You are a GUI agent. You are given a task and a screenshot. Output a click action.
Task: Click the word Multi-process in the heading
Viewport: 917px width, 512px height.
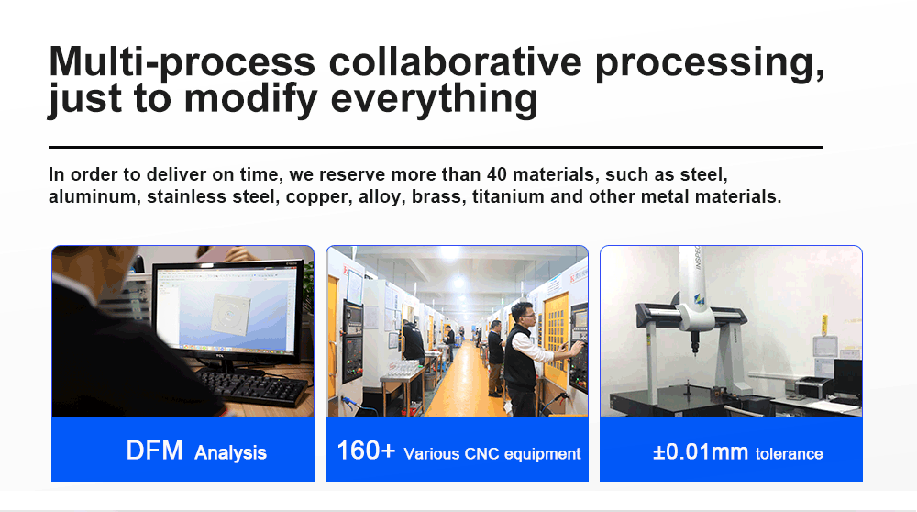click(x=182, y=62)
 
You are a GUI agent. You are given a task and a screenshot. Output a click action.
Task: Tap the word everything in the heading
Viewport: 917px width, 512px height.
click(x=434, y=99)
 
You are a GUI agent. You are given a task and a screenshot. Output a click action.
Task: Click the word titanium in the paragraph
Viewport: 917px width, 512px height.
click(x=508, y=196)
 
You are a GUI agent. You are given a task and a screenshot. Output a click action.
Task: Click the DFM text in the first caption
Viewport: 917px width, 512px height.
click(x=154, y=451)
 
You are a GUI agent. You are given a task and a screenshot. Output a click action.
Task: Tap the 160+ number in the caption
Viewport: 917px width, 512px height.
click(x=366, y=451)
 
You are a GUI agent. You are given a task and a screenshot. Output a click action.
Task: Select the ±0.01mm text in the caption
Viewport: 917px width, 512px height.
click(x=700, y=451)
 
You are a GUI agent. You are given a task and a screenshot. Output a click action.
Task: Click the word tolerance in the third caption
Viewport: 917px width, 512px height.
click(x=789, y=454)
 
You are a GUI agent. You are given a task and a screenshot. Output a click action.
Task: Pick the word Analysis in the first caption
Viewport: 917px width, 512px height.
click(x=230, y=453)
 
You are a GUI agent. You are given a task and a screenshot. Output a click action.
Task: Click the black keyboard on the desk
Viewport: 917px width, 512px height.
click(x=253, y=387)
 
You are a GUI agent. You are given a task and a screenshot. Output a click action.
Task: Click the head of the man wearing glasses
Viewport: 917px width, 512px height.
click(x=523, y=315)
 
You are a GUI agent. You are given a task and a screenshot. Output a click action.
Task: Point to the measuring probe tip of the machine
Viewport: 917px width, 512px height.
click(x=695, y=352)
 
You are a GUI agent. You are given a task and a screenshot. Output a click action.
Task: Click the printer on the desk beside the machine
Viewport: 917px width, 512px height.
click(x=813, y=386)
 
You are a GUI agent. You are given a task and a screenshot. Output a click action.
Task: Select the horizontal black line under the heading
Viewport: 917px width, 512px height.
click(x=436, y=147)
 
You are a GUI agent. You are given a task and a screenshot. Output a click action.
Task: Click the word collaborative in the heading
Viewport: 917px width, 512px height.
click(x=455, y=62)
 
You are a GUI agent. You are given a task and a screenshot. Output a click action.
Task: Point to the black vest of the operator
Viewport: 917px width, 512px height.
click(x=519, y=357)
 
